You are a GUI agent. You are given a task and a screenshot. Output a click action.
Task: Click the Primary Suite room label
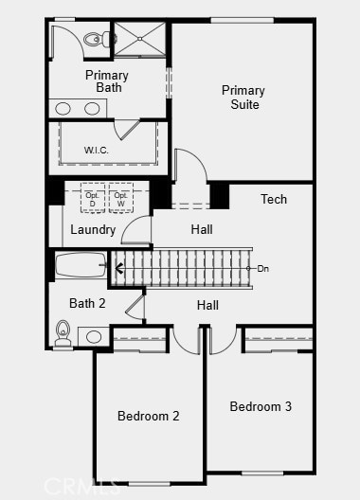[x=243, y=98]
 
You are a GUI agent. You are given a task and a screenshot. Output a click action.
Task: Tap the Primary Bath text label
[x=107, y=81]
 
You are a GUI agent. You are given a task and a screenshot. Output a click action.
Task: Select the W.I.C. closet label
[x=97, y=150]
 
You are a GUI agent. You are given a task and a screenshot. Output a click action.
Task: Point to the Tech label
[x=274, y=199]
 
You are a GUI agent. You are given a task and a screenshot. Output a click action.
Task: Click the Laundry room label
[x=93, y=229]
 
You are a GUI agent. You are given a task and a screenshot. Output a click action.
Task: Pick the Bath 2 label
[x=87, y=304]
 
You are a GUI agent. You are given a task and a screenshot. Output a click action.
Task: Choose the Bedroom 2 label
[x=148, y=416]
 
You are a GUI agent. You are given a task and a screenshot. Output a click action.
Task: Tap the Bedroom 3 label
[x=261, y=406]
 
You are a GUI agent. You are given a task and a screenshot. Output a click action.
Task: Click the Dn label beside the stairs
[x=262, y=269]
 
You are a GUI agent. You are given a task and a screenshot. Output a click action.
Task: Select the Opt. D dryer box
[x=93, y=198]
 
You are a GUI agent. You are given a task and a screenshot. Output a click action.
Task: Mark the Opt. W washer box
[x=119, y=198]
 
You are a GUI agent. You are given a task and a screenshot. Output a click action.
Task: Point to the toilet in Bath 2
[x=63, y=331]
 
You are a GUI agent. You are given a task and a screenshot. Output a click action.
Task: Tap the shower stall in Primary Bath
[x=139, y=39]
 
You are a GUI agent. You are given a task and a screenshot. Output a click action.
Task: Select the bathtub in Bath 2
[x=81, y=265]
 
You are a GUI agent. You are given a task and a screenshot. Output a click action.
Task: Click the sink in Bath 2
[x=95, y=336]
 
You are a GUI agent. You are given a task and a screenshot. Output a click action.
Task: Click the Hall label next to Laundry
[x=201, y=229]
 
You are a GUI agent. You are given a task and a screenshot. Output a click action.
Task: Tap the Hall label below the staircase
[x=207, y=305]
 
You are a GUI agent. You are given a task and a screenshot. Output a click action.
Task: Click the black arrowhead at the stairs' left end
[x=118, y=269]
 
